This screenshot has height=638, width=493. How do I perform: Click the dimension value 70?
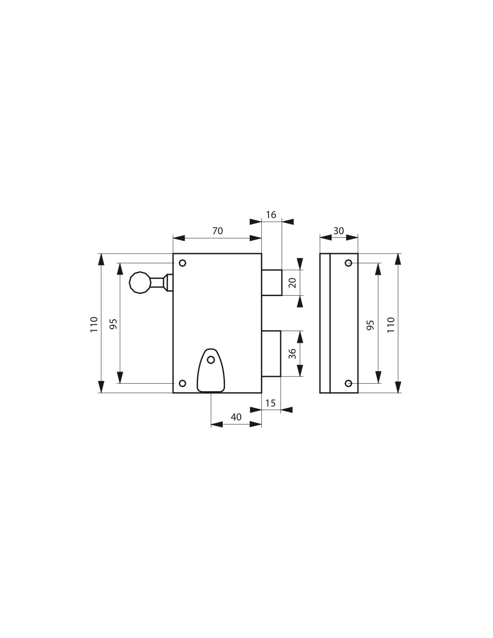coord(217,231)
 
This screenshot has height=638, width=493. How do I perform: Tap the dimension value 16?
coord(271,214)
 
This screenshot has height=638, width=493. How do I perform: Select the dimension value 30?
coord(339,231)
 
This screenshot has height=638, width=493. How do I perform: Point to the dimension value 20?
coord(293,283)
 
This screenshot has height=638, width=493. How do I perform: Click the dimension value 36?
coord(293,354)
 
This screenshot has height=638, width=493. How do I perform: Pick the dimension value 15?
coord(270,403)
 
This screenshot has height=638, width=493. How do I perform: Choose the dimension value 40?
coord(236,417)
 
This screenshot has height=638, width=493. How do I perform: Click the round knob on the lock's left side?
coord(140,282)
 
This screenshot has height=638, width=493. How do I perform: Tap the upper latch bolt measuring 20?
coord(272,283)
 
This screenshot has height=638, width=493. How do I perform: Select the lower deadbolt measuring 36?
coord(271,353)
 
